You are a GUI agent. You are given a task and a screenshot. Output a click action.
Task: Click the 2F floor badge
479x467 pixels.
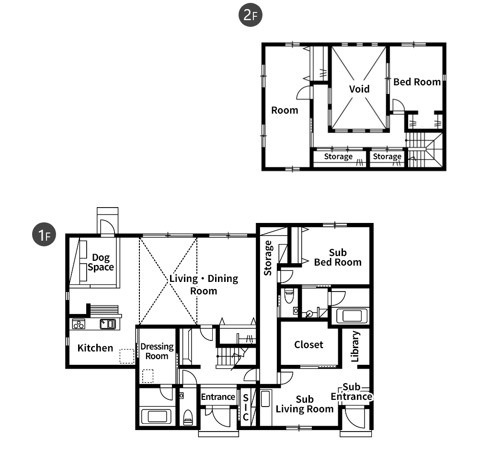pos(250,15)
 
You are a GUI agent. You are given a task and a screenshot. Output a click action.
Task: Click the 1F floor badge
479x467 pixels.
pos(44,234)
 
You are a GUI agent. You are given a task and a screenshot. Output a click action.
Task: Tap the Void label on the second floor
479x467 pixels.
pos(359,89)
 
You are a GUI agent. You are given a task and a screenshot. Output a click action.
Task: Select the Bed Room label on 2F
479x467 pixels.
pos(417,82)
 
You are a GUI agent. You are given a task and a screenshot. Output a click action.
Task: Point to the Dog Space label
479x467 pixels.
pos(101,262)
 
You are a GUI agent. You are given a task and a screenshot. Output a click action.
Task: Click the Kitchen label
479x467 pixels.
pos(95,348)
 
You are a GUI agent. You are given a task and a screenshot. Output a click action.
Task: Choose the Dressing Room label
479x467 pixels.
pos(157,351)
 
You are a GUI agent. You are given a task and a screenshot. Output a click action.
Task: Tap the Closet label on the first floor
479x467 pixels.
pos(308,345)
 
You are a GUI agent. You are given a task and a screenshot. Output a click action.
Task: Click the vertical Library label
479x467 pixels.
pos(355,347)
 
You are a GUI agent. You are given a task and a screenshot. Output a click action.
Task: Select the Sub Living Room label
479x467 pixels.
pos(305,404)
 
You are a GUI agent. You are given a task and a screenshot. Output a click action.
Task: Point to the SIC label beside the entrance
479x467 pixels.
pos(246,408)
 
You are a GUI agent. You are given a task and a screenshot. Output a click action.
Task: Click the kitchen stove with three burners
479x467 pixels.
pos(79,324)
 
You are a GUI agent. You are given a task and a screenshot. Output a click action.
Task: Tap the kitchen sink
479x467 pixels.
pos(108,324)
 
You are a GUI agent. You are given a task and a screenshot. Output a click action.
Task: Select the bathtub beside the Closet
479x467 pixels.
pos(352,316)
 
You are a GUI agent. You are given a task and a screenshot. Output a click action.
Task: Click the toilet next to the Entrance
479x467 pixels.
pos(188,418)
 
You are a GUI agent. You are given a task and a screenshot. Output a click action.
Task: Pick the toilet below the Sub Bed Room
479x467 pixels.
pos(289,295)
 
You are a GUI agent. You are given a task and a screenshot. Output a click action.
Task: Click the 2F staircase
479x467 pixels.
pos(425,150)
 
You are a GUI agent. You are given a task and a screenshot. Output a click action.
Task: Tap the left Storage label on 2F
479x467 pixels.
pos(338,157)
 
